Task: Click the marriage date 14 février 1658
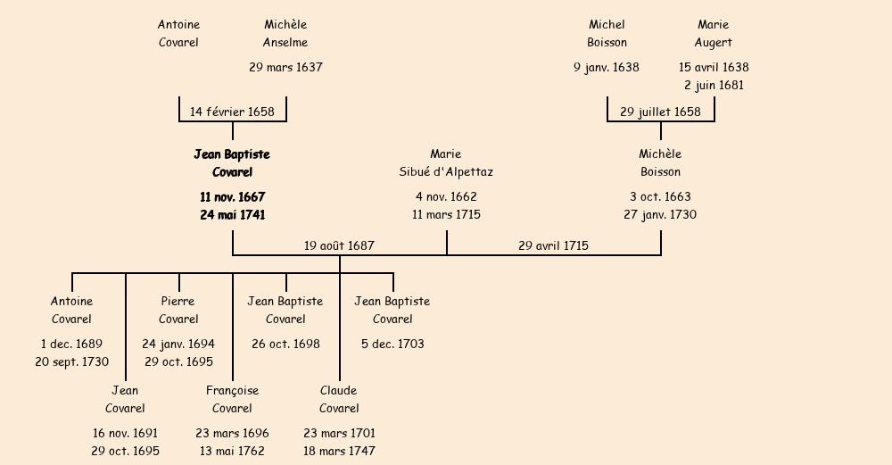(232, 112)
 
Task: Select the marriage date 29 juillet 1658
(660, 112)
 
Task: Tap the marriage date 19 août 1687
(339, 245)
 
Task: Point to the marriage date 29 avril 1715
(553, 245)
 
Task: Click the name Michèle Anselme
(285, 33)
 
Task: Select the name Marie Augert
(714, 33)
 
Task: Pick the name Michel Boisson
(607, 33)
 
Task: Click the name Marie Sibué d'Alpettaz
(446, 162)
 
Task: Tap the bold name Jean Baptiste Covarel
(232, 162)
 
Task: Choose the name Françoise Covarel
(232, 399)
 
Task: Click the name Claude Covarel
(339, 399)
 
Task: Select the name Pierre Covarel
(178, 310)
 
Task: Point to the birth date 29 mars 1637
(285, 67)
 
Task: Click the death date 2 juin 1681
(714, 86)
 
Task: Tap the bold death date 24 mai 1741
(232, 215)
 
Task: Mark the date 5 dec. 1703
(392, 344)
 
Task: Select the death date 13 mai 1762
(232, 452)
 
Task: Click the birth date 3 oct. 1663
(660, 196)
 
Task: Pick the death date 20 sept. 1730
(71, 362)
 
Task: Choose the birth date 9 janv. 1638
(607, 67)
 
